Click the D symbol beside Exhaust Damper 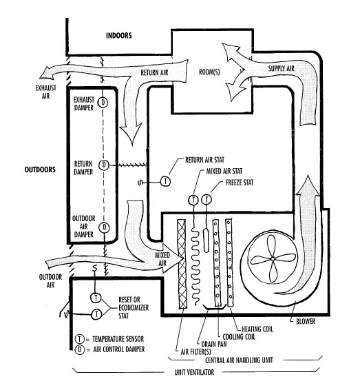[x=103, y=102]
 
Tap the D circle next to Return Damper [x=104, y=165]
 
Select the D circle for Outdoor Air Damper [x=105, y=227]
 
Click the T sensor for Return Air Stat [x=165, y=181]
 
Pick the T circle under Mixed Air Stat [x=193, y=200]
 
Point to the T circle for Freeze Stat [x=207, y=200]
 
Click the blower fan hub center [x=273, y=259]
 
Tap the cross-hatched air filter [x=182, y=264]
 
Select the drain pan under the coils [x=214, y=307]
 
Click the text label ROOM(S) [x=209, y=72]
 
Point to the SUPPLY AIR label [x=281, y=68]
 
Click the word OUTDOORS [x=40, y=170]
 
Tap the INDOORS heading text [x=119, y=35]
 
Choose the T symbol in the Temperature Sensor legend [x=80, y=339]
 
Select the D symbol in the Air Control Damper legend [x=80, y=349]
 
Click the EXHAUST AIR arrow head [x=47, y=74]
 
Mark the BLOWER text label [x=306, y=321]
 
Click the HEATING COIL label [x=257, y=329]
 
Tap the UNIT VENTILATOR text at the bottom [x=194, y=372]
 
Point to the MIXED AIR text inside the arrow [x=162, y=259]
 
